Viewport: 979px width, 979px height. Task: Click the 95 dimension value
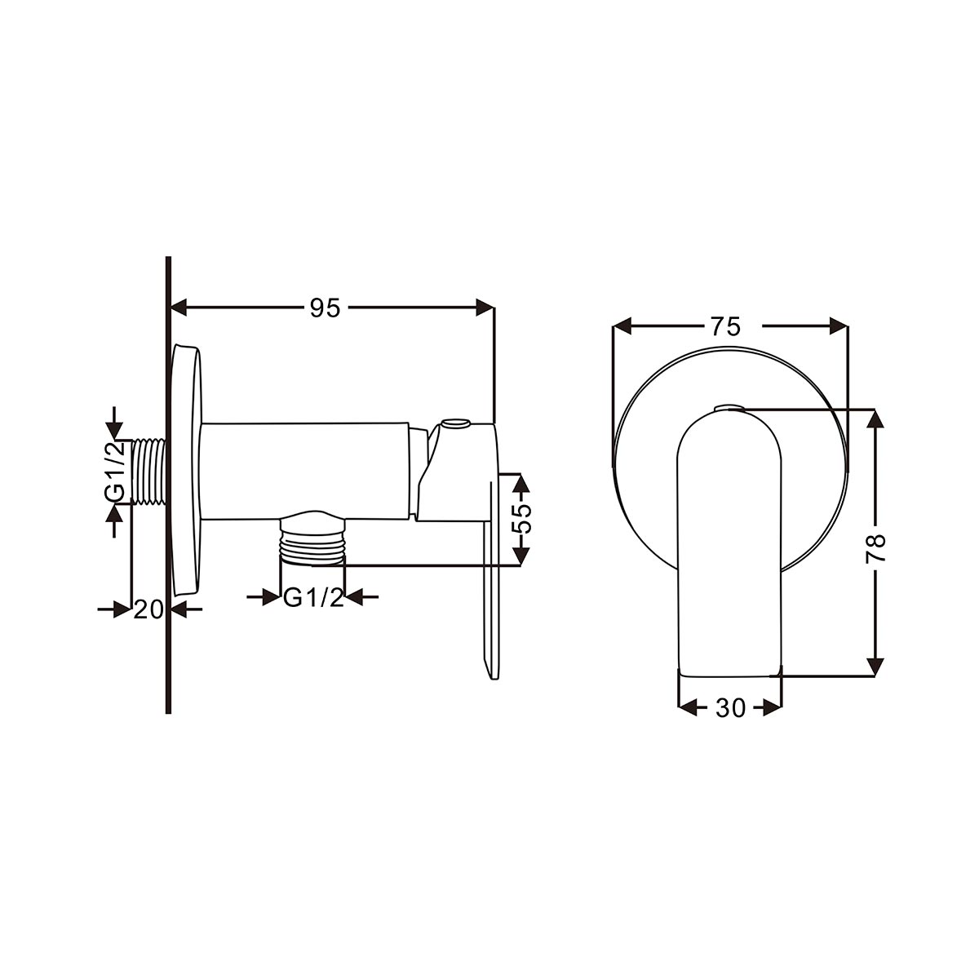(x=326, y=308)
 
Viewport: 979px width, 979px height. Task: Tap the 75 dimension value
(x=725, y=326)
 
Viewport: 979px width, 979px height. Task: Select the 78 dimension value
(x=875, y=547)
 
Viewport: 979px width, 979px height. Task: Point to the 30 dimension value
(x=730, y=707)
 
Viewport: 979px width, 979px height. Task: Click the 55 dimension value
(x=521, y=518)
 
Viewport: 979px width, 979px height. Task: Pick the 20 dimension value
(x=148, y=609)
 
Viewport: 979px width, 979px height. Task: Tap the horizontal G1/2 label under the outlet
(x=313, y=598)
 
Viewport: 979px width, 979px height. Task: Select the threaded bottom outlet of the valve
(x=312, y=543)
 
